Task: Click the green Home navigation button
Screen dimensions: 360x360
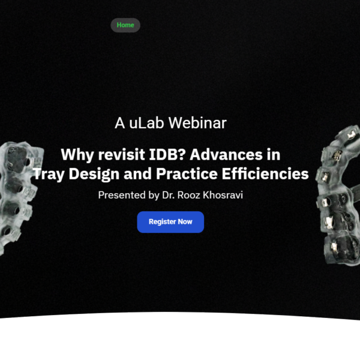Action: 125,25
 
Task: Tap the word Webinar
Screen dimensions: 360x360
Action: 197,123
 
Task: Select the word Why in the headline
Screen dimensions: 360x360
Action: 77,155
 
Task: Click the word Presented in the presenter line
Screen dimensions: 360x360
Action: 122,195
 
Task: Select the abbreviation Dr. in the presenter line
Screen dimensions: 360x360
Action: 170,195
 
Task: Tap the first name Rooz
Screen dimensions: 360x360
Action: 192,195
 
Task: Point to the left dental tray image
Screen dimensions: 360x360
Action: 18,198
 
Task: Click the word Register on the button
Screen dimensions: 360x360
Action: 162,222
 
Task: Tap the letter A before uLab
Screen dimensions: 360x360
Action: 119,123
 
